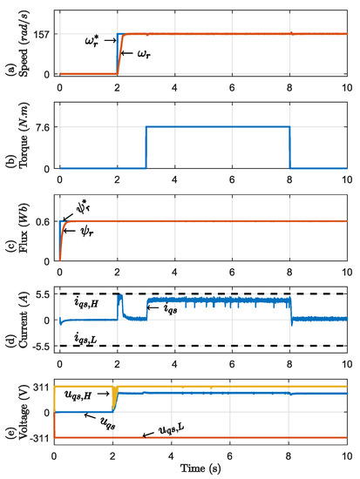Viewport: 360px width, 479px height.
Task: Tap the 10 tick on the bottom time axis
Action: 347,455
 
